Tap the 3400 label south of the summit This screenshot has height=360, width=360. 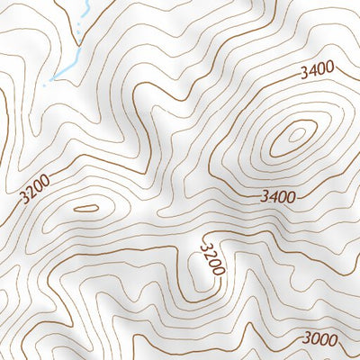[277, 195]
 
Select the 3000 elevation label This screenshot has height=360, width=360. [320, 338]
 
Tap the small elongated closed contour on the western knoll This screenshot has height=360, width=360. [85, 208]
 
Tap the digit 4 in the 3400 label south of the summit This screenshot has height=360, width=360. [272, 195]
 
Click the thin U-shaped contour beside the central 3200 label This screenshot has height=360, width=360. [198, 266]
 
